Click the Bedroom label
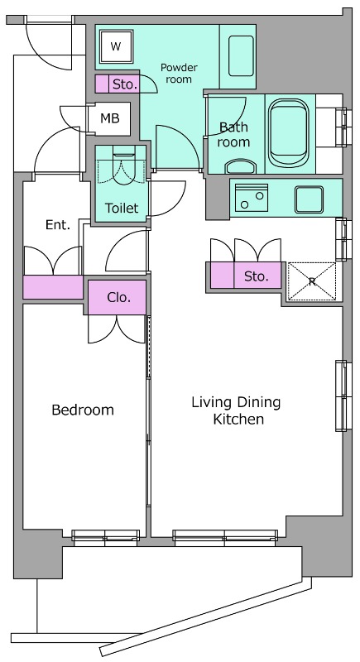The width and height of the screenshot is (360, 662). coord(83,410)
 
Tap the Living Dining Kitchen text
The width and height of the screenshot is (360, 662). coord(236,410)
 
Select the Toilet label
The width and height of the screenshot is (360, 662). coord(122,208)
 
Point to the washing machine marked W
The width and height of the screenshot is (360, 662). coord(116,46)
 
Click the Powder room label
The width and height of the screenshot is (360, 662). coord(179,73)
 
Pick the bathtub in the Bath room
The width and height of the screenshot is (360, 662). coord(290,133)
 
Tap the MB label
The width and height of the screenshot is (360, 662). coord(110,118)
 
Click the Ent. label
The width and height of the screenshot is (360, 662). coord(58,225)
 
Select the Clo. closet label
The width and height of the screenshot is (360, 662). coord(118,297)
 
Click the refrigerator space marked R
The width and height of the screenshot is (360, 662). coord(312,281)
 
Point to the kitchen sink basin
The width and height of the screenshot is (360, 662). coord(310,199)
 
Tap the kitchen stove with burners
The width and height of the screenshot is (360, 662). coord(252,198)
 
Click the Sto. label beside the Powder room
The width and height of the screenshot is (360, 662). coord(125,84)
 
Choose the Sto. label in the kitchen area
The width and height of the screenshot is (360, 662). coord(257,276)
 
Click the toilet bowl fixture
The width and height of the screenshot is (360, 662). coord(123,165)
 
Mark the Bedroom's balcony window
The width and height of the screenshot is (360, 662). coord(105,535)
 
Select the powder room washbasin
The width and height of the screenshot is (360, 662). coord(241,55)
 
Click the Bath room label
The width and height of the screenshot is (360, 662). coord(233,134)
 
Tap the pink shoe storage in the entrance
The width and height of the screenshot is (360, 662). coord(53,287)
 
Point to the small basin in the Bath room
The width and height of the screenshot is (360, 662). coord(241,166)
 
